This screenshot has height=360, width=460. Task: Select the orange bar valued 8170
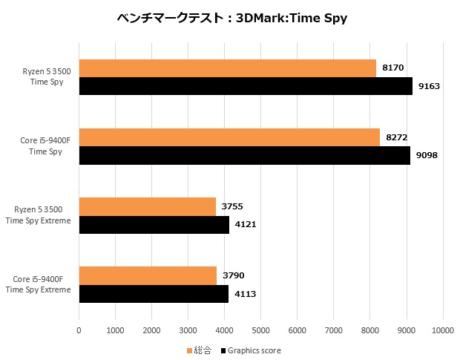227,68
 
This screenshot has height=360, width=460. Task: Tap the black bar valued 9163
245,86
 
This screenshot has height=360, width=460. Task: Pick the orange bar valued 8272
229,137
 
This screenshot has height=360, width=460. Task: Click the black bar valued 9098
244,155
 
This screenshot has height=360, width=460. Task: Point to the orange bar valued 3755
147,206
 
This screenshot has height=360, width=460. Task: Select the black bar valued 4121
154,224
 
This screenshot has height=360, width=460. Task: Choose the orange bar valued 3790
148,275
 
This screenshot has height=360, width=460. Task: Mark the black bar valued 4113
154,293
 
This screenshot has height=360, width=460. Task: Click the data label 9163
429,86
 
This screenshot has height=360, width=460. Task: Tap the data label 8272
396,137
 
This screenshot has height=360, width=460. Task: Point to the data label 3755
232,206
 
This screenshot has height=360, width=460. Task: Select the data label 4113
245,293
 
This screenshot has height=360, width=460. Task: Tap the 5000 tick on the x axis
261,329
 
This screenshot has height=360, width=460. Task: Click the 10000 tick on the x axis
443,329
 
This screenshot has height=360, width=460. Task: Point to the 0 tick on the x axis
79,329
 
